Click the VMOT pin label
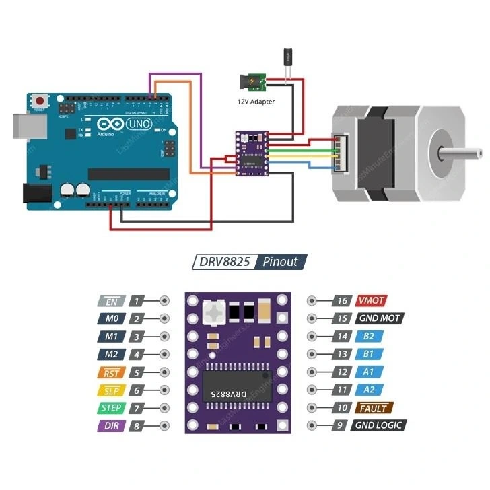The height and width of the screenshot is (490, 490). coord(372,301)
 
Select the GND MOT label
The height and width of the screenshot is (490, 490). coord(380,318)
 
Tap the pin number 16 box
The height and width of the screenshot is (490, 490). coord(342,301)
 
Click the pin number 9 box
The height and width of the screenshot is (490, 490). coord(342,425)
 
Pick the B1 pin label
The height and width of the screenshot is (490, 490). coord(369,354)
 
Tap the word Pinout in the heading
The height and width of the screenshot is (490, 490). coord(280,262)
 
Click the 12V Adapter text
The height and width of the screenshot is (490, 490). coord(256,101)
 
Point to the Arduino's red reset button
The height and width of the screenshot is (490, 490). coord(39,100)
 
